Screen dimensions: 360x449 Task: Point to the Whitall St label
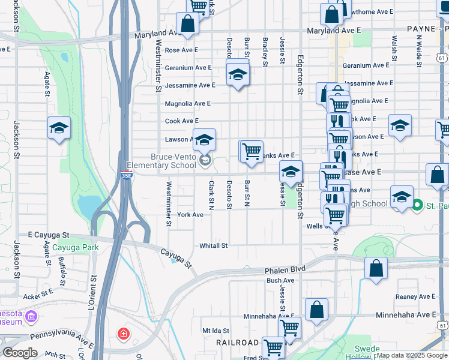(x=214, y=245)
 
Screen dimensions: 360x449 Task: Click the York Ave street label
(x=190, y=214)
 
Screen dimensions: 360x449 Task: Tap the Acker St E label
(x=38, y=296)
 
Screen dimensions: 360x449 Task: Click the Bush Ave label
(x=281, y=280)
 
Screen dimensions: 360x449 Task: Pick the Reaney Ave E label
(x=415, y=296)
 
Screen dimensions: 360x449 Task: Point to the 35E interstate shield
(x=126, y=175)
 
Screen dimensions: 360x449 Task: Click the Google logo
(x=20, y=353)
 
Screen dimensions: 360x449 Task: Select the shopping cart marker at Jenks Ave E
(x=252, y=150)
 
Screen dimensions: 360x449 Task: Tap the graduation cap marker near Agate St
(x=59, y=128)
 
